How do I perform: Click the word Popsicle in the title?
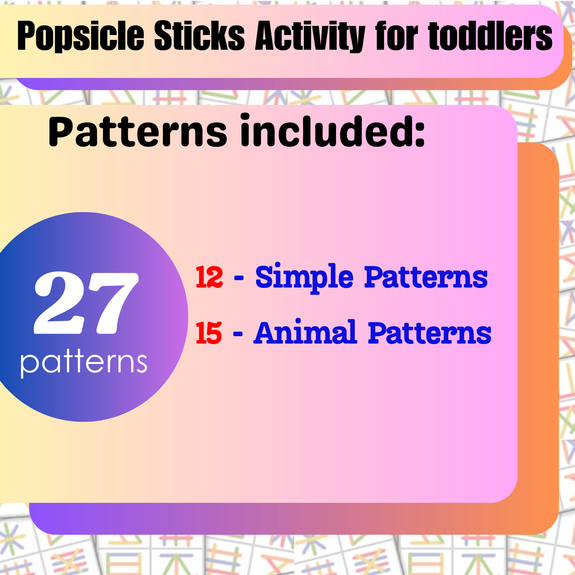tap(81, 37)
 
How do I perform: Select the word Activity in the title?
tap(310, 37)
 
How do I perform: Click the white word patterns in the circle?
tap(84, 363)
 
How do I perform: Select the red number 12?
tap(209, 277)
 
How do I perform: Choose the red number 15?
tap(209, 333)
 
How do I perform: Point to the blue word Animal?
tap(305, 332)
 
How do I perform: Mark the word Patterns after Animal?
tap(430, 333)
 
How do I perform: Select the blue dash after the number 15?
tap(238, 334)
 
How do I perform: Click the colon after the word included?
tap(420, 134)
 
